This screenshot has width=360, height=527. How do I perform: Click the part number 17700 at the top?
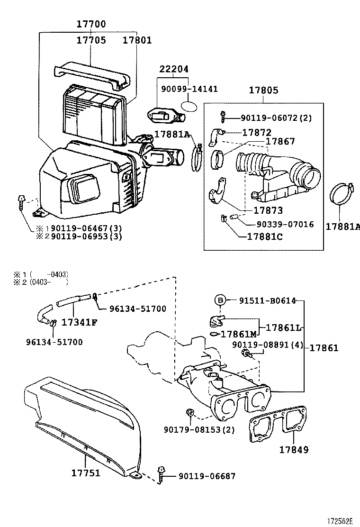91,24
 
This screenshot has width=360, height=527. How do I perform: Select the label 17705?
91,40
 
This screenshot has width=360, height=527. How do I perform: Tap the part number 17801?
137,40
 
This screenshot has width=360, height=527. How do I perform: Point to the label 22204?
174,69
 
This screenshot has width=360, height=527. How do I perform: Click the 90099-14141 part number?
189,89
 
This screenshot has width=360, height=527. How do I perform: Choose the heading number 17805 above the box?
263,90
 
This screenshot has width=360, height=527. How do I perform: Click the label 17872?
257,132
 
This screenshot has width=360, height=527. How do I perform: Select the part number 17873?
268,210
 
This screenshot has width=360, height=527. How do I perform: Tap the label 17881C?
265,236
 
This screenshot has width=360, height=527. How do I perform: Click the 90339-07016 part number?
285,224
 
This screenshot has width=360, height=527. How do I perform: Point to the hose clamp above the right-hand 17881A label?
340,194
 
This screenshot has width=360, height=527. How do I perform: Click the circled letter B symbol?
220,300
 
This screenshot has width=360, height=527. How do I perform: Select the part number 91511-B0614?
267,300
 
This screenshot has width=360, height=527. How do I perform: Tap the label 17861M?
238,334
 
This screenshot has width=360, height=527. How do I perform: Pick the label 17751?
86,473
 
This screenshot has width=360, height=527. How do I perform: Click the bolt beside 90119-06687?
162,475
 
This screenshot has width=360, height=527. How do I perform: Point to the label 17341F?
79,322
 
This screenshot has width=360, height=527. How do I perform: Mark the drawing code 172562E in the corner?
341,521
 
